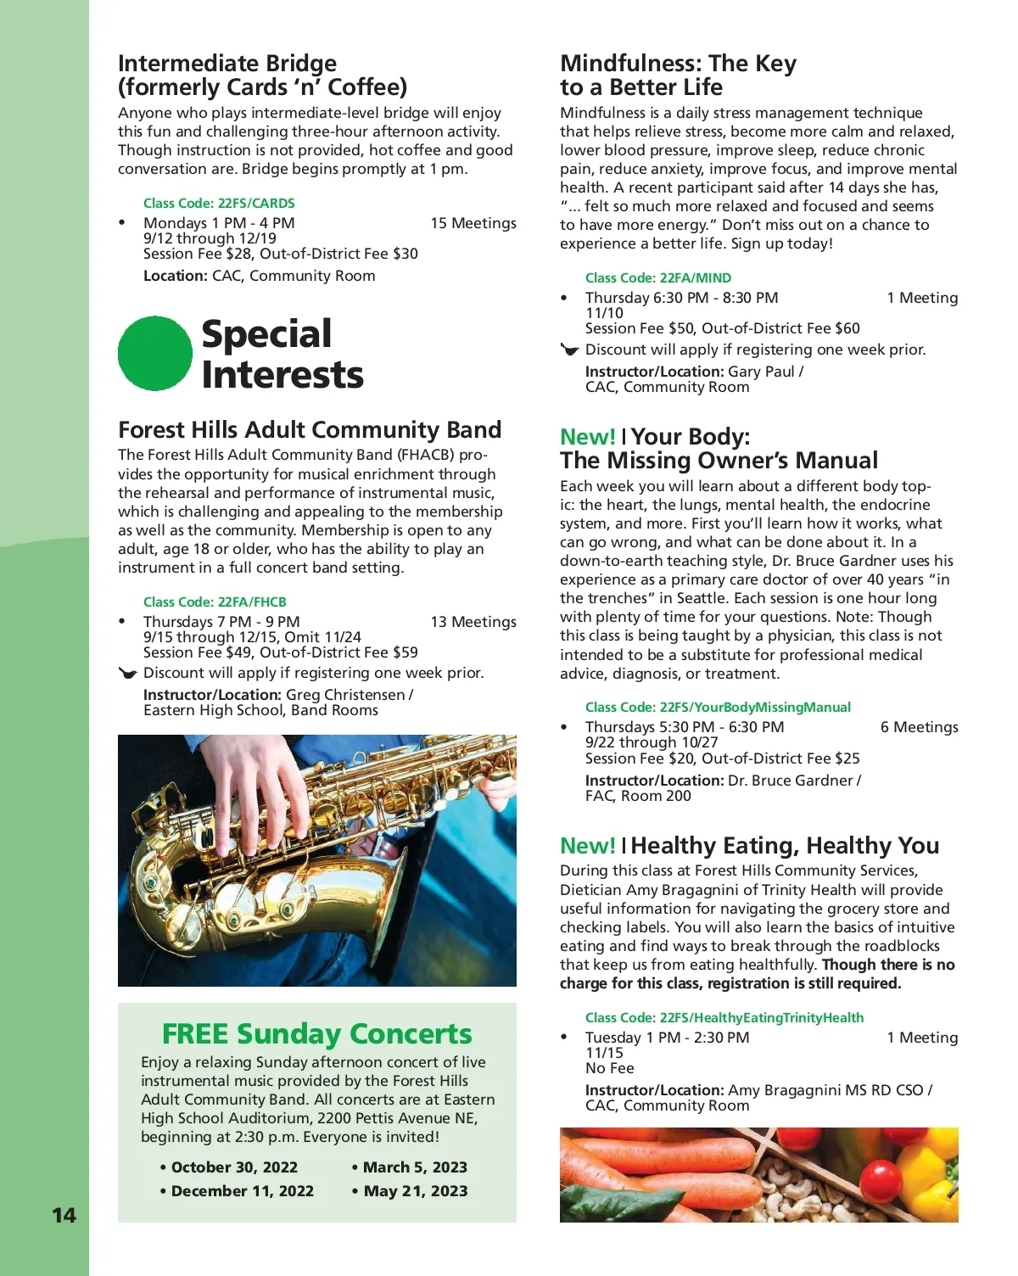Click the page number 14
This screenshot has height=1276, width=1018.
pos(64,1215)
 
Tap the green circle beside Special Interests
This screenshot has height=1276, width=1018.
pos(155,354)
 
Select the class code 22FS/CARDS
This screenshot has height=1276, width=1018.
pos(219,204)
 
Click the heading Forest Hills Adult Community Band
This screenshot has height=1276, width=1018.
pos(310,429)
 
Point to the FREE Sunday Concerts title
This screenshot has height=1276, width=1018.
pos(316,1033)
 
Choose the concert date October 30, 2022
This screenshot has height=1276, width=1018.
pos(229,1167)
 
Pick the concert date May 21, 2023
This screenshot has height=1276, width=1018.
pos(411,1191)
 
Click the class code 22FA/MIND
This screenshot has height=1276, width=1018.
pos(657,278)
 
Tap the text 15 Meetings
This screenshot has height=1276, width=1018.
pos(473,223)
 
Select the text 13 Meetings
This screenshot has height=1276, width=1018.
pos(473,622)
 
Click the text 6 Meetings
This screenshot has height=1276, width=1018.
pos(920,727)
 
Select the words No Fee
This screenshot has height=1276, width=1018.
pos(610,1068)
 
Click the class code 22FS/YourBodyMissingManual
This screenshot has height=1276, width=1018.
pos(718,708)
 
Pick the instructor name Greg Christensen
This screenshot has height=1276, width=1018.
pos(346,695)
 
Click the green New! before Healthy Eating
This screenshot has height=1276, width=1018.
pos(587,846)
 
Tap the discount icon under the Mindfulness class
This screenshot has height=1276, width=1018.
pos(570,350)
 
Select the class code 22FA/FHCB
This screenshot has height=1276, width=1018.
pos(215,602)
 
